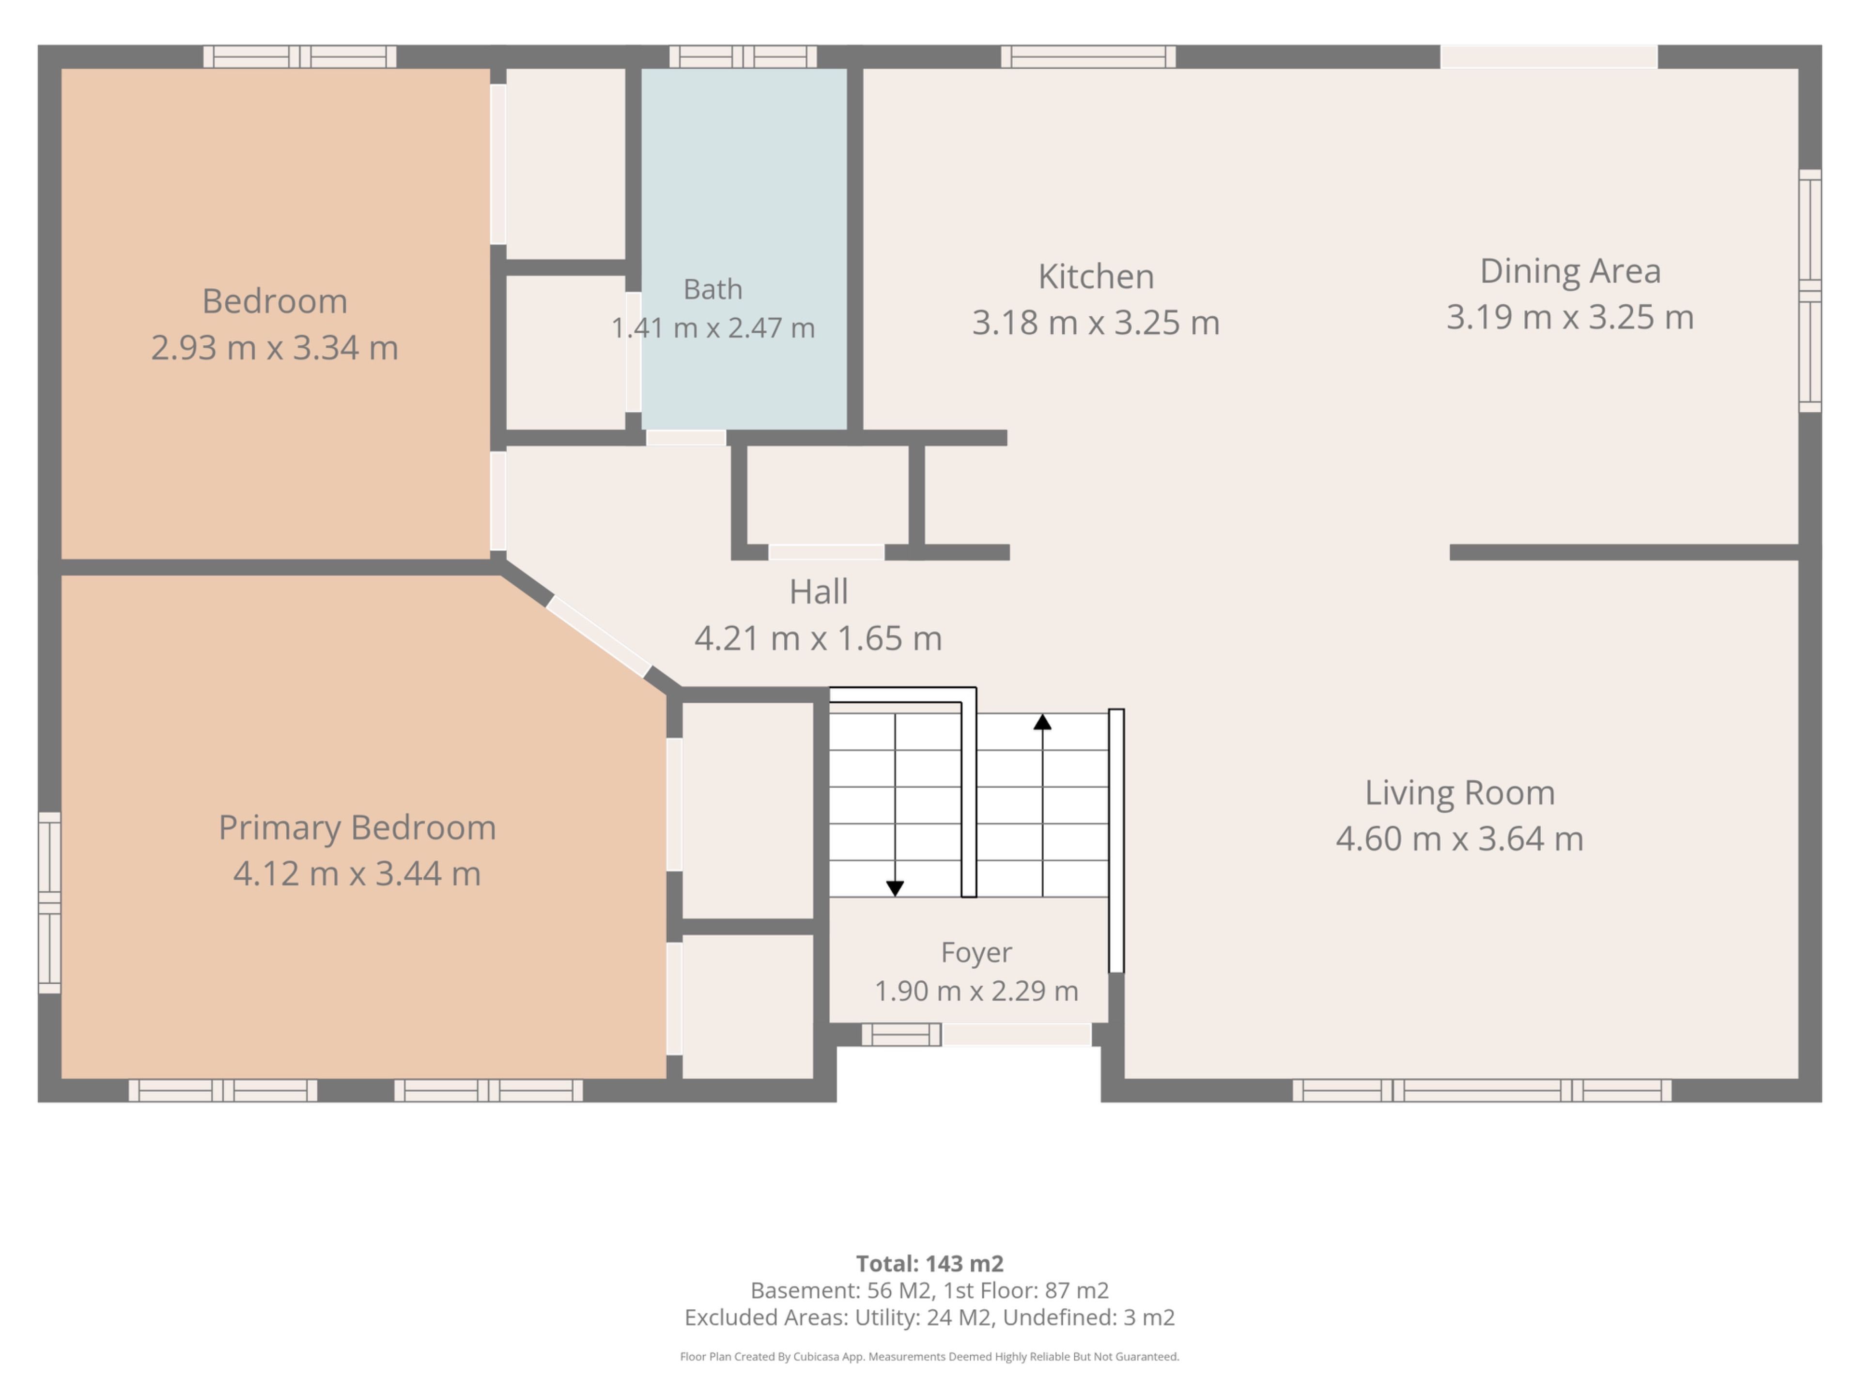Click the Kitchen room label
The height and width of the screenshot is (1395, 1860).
pyautogui.click(x=1096, y=277)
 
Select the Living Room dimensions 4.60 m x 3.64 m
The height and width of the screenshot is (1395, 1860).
pyautogui.click(x=1460, y=838)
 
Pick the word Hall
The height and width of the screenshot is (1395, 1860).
pyautogui.click(x=818, y=592)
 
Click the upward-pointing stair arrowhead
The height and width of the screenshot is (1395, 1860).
pyautogui.click(x=1043, y=721)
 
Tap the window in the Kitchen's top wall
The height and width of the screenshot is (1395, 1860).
pyautogui.click(x=1088, y=56)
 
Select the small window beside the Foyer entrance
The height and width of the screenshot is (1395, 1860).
pyautogui.click(x=900, y=1034)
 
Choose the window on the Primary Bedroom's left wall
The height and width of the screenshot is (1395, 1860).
pyautogui.click(x=49, y=902)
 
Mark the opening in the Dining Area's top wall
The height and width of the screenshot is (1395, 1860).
pyautogui.click(x=1549, y=56)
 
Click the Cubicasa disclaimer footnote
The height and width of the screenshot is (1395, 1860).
pyautogui.click(x=930, y=1356)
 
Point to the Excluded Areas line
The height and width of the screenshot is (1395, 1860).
pyautogui.click(x=930, y=1317)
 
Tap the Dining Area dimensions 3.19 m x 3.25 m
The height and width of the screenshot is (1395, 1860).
pyautogui.click(x=1570, y=317)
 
